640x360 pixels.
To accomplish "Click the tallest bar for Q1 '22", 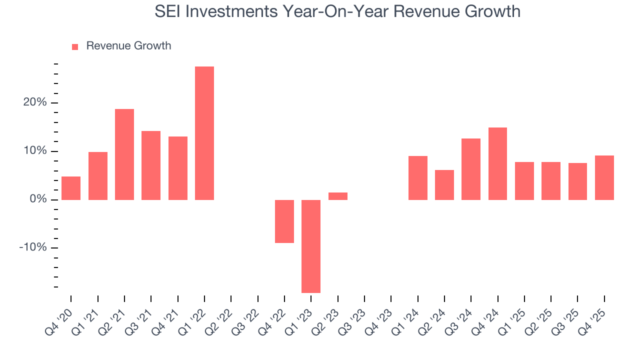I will (204, 133).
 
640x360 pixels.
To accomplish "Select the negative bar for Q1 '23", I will (311, 246).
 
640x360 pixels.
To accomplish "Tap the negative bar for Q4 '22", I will (284, 221).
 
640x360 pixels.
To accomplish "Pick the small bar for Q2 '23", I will (338, 196).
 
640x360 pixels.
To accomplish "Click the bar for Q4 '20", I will (71, 188).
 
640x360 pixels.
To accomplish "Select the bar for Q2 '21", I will (124, 154).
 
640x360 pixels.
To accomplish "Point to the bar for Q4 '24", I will (497, 163).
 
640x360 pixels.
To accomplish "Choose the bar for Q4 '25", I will (604, 177).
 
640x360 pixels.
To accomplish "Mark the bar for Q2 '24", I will (444, 184).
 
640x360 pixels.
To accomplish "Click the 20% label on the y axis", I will (34, 102).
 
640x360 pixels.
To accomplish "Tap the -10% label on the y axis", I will (32, 248).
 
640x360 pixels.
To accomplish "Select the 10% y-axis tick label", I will (34, 151).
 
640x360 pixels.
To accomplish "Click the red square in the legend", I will (75, 46).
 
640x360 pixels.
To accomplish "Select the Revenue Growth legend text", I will (128, 46).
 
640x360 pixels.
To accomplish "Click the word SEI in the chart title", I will (168, 11).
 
